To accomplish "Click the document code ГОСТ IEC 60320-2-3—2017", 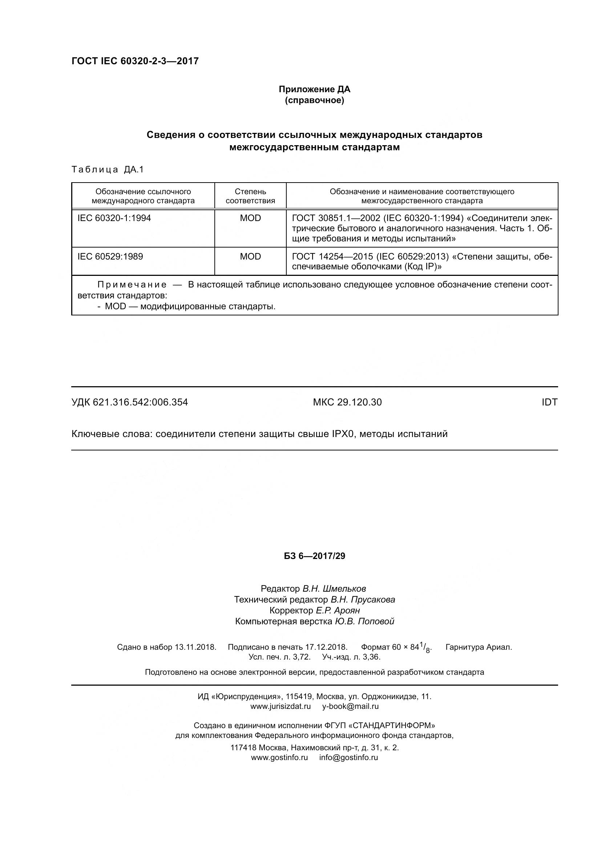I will pyautogui.click(x=135, y=61).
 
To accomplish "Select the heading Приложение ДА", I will pyautogui.click(x=314, y=89).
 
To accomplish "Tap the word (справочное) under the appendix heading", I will pyautogui.click(x=314, y=100).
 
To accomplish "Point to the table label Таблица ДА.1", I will pyautogui.click(x=107, y=170).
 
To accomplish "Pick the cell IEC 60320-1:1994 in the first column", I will pyautogui.click(x=114, y=218).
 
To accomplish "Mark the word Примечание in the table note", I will pyautogui.click(x=132, y=285).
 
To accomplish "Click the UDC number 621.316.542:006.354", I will pyautogui.click(x=140, y=402).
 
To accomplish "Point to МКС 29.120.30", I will pyautogui.click(x=347, y=402).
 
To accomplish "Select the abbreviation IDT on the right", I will pyautogui.click(x=549, y=402).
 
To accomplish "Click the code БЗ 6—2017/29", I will pyautogui.click(x=314, y=567).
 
